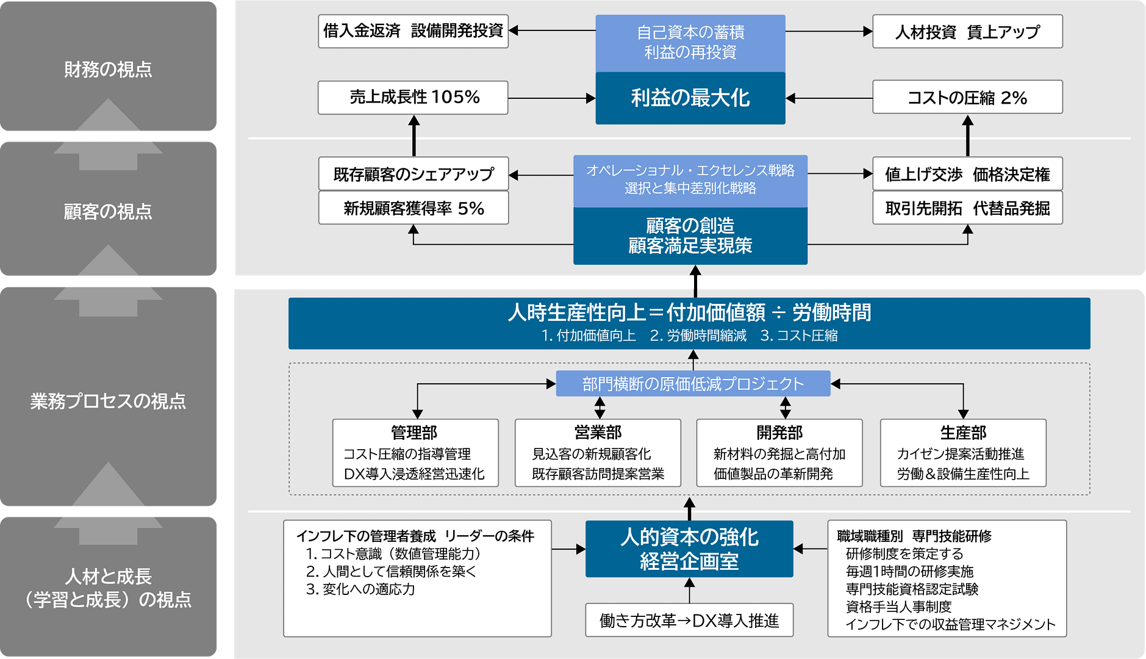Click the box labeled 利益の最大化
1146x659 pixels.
[x=690, y=98]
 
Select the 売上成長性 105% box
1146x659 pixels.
[x=413, y=98]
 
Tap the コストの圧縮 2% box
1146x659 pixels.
[x=967, y=98]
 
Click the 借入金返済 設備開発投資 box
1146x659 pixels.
[x=413, y=31]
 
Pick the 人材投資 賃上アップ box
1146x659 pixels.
[x=967, y=32]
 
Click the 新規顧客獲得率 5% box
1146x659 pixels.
[x=413, y=208]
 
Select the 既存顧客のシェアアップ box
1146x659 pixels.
[x=413, y=175]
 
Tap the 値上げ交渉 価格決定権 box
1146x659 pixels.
[x=967, y=175]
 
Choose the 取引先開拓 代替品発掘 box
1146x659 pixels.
[x=967, y=208]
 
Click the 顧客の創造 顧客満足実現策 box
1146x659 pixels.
[x=690, y=236]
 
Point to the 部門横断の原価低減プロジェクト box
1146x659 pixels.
[x=693, y=384]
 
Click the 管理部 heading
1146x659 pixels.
[x=414, y=433]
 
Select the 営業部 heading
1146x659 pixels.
[x=598, y=433]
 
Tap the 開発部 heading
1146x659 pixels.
[x=779, y=433]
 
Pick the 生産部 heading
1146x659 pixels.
[x=963, y=433]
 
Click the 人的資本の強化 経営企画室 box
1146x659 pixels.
[x=689, y=549]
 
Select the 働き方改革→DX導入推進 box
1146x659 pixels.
[x=689, y=621]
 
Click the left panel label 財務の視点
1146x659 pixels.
[x=108, y=70]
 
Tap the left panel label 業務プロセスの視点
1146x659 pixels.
[x=108, y=401]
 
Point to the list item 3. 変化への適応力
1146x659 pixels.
[x=360, y=589]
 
